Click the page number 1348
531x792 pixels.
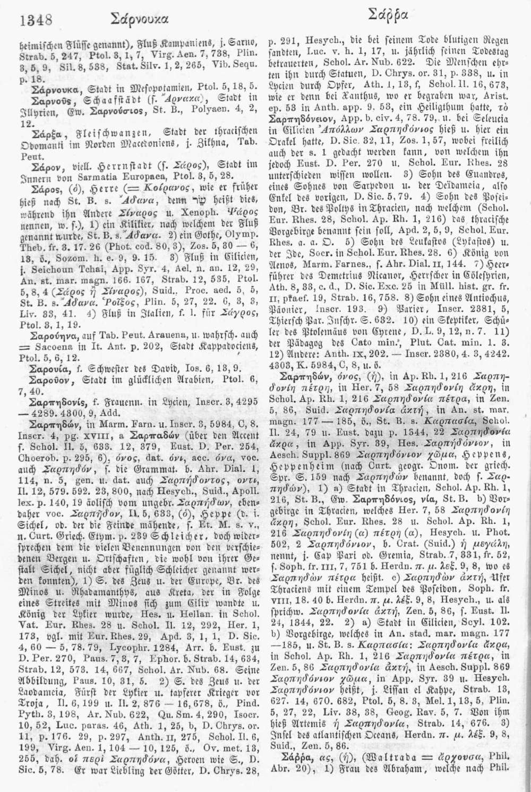(x=36, y=20)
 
